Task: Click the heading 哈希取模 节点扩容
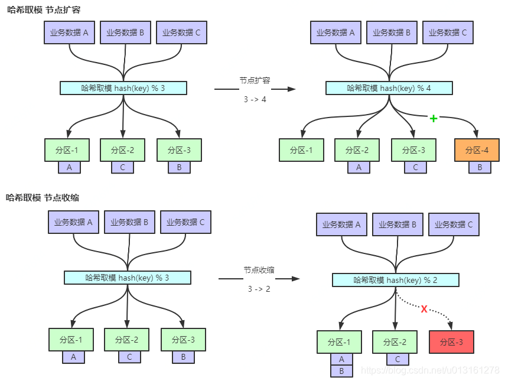pos(43,9)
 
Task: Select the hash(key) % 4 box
pos(389,88)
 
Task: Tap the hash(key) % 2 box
pos(395,280)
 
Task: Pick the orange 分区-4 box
pos(477,150)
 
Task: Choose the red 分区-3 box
pos(451,342)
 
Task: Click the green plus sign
pos(434,119)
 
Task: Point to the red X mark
pos(423,309)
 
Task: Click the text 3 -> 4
pos(255,99)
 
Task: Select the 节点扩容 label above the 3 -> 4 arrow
pos(255,80)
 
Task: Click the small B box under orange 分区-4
pos(480,168)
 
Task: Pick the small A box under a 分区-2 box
pos(359,168)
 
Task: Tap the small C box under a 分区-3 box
pos(415,168)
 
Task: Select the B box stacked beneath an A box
pos(341,371)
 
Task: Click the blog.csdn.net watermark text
pos(430,370)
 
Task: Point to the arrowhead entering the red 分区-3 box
pos(451,327)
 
